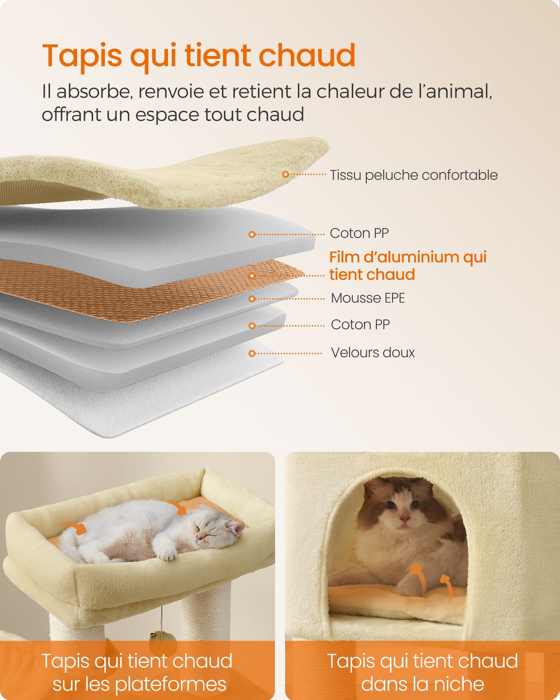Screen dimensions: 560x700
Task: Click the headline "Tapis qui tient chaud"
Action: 199,56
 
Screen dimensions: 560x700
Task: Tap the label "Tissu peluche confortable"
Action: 414,175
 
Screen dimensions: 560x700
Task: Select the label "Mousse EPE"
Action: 368,298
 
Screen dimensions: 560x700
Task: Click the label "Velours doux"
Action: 373,352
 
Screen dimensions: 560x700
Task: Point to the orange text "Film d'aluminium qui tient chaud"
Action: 408,266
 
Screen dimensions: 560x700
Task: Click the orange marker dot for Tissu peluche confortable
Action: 286,174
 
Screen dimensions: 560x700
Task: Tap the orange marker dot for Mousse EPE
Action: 252,299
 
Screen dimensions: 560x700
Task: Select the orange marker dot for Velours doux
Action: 252,353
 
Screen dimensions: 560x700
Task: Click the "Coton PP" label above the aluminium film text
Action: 359,233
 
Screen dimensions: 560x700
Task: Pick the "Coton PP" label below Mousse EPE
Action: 360,325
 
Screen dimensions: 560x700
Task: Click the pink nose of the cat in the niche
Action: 404,518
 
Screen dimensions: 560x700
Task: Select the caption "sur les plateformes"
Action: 139,684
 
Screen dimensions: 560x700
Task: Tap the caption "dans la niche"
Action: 422,684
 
